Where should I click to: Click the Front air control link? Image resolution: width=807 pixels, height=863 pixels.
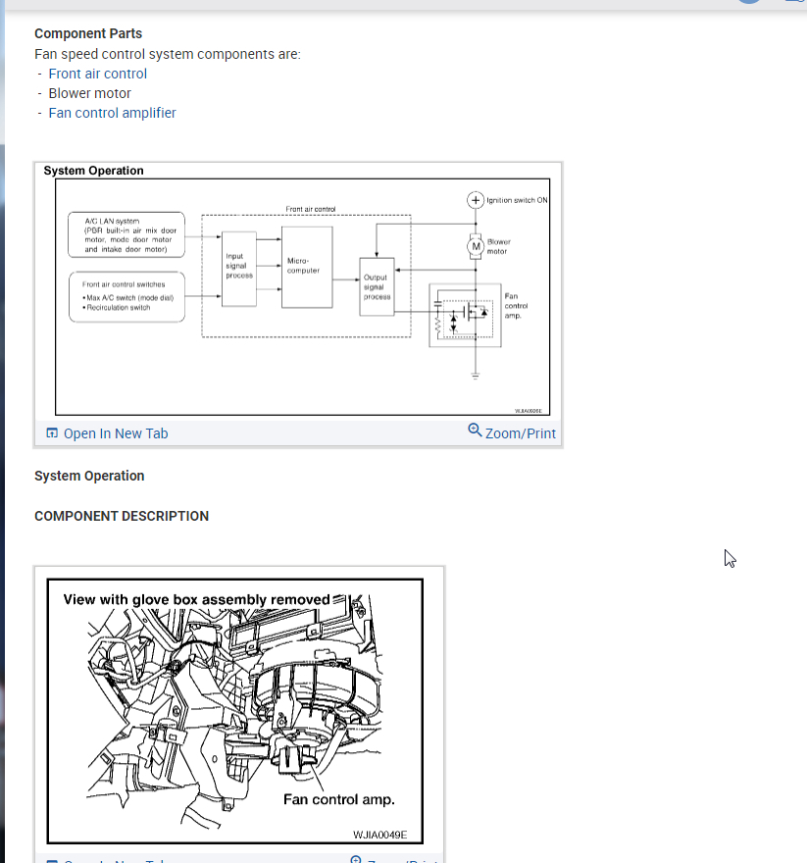tap(97, 74)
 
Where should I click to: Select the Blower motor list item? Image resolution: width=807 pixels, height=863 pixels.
tap(89, 93)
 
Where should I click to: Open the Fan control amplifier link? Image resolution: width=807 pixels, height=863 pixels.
tap(112, 113)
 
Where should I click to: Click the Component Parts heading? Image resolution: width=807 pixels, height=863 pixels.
tap(88, 33)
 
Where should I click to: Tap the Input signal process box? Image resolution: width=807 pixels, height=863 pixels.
tap(239, 266)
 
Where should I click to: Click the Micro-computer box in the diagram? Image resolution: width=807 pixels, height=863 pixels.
tap(306, 266)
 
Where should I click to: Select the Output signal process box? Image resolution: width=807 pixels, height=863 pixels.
tap(377, 286)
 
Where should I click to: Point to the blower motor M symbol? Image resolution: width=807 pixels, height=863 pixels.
tap(476, 245)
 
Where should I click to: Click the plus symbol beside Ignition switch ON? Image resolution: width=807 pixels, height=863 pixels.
tap(476, 200)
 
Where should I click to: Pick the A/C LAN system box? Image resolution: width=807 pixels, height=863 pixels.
tap(127, 235)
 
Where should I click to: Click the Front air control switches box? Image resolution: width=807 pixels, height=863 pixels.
tap(127, 295)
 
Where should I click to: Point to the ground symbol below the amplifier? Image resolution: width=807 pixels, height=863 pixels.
tap(476, 375)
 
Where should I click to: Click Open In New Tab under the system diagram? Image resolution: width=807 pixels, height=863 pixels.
tap(107, 433)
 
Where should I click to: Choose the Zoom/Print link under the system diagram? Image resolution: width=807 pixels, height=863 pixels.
tap(512, 432)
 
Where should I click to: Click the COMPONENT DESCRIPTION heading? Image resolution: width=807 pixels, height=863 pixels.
tap(122, 516)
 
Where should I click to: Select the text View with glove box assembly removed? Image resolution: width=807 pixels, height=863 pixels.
tap(196, 599)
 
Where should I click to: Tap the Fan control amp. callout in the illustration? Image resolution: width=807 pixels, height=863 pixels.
tap(338, 799)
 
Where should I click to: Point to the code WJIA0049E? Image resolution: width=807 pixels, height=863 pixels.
tap(379, 836)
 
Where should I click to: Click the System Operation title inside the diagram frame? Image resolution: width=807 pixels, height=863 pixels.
tap(93, 171)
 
